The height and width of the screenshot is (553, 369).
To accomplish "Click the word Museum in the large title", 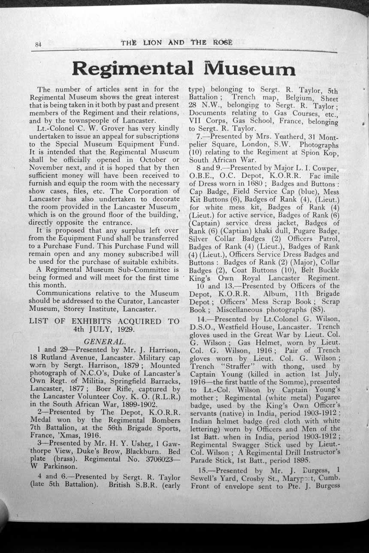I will tap(247, 69).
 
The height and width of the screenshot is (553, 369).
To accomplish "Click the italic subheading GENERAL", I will tap(105, 341).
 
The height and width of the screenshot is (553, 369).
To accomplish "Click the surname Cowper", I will tap(324, 167).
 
